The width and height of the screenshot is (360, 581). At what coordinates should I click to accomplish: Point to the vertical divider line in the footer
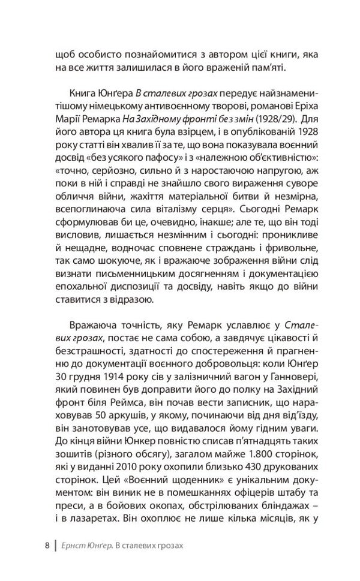click(x=56, y=546)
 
